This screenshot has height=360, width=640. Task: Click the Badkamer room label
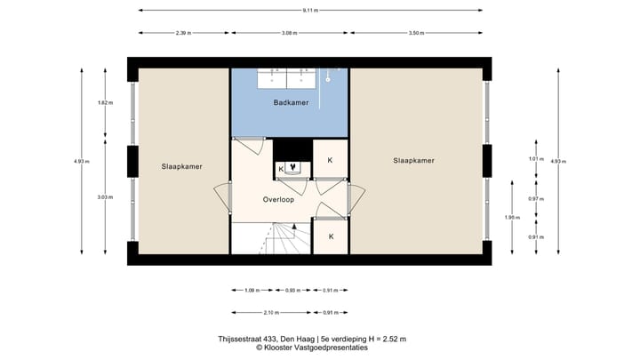(x=291, y=104)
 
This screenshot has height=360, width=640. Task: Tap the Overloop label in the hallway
(x=278, y=200)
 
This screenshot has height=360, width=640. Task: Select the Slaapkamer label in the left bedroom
(x=180, y=166)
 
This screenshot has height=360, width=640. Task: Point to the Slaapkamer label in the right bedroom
(x=413, y=161)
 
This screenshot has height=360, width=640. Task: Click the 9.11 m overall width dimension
(x=310, y=11)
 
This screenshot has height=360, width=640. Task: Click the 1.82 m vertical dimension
(x=105, y=104)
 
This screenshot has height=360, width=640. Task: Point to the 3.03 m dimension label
(x=105, y=197)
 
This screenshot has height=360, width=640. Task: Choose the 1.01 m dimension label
(x=535, y=159)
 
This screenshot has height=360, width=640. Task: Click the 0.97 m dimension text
(x=535, y=198)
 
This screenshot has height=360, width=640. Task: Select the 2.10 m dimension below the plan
(x=269, y=312)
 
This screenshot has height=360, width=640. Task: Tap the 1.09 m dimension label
(x=252, y=291)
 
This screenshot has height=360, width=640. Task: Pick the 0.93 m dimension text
(x=292, y=291)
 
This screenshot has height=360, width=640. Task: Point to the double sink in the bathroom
(x=287, y=78)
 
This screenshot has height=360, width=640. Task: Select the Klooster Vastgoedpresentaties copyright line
(x=312, y=348)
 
